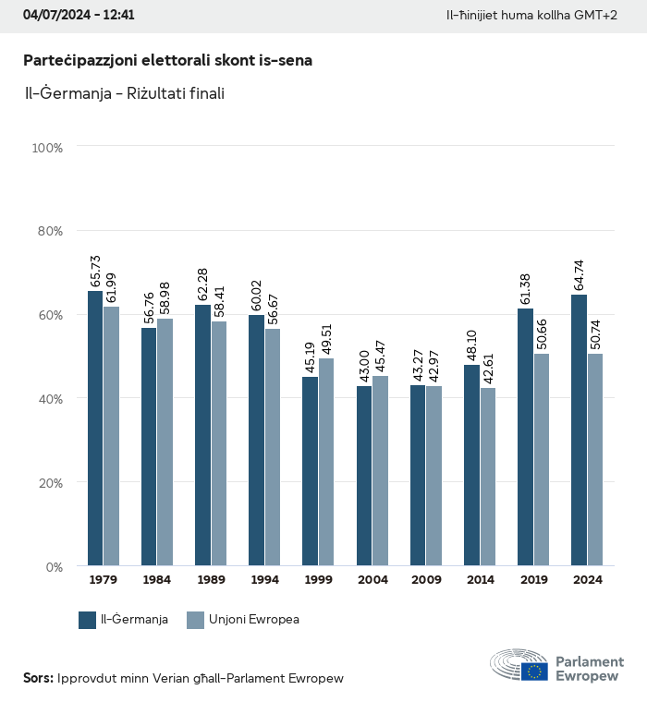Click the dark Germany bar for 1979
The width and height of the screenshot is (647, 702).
click(x=95, y=429)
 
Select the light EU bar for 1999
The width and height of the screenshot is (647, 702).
click(x=326, y=462)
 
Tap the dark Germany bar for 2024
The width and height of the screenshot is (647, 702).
click(x=579, y=430)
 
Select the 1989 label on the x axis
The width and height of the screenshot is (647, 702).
click(x=211, y=580)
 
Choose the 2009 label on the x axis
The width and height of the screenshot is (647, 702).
click(x=426, y=580)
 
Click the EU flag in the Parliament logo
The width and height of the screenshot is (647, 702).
click(x=533, y=672)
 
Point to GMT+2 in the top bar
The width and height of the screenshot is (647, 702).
click(x=597, y=16)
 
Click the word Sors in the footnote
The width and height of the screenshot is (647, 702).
click(x=37, y=678)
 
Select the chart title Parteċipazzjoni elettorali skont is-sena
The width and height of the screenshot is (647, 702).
click(x=167, y=60)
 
